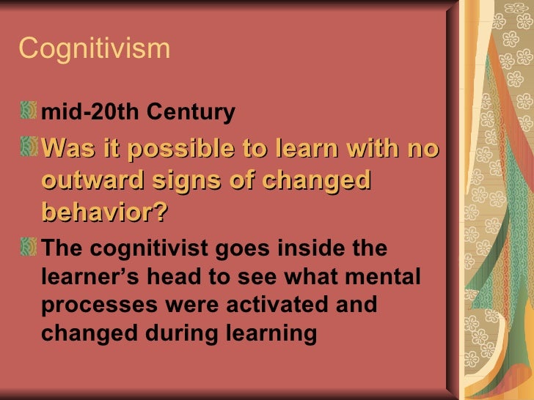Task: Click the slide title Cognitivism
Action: tap(94, 49)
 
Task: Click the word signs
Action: tap(200, 181)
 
